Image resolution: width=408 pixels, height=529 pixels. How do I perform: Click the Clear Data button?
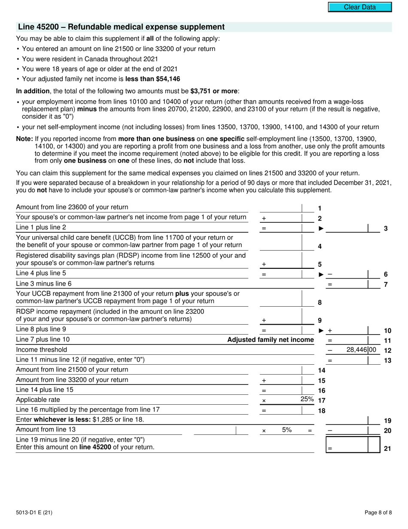pyautogui.click(x=360, y=7)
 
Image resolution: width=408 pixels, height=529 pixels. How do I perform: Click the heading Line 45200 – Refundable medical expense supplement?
pyautogui.click(x=121, y=27)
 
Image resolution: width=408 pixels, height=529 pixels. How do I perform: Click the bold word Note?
pyautogui.click(x=24, y=139)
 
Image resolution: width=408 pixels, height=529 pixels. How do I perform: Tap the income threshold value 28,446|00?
pyautogui.click(x=361, y=350)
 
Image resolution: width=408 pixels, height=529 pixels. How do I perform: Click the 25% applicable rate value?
pyautogui.click(x=307, y=399)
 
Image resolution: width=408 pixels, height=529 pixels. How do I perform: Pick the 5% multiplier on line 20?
pyautogui.click(x=287, y=429)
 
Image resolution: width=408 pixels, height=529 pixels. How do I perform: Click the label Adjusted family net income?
pyautogui.click(x=270, y=340)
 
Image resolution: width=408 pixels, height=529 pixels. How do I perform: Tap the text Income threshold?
pyautogui.click(x=42, y=350)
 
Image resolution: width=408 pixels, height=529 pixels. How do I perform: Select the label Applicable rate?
pyautogui.click(x=38, y=400)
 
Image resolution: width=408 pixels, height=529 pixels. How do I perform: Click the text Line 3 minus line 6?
pyautogui.click(x=44, y=283)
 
